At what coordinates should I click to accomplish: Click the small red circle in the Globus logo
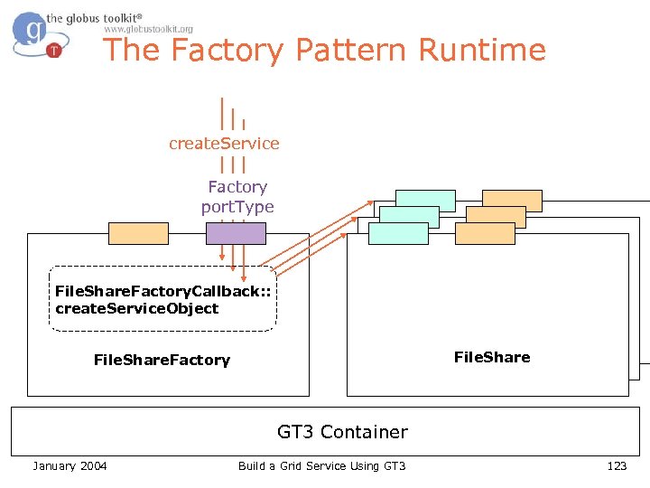tap(55, 50)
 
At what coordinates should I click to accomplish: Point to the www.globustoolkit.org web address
tap(148, 29)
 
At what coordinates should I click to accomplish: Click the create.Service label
tap(224, 143)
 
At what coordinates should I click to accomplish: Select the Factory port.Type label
tap(237, 197)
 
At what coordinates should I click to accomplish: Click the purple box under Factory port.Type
tap(236, 233)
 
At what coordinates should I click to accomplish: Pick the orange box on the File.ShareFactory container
tap(138, 233)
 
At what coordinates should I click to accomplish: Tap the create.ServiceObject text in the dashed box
tap(137, 308)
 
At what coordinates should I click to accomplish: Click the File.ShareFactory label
tap(162, 360)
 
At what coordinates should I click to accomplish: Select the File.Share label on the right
tap(492, 357)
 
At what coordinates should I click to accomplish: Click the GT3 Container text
tap(342, 432)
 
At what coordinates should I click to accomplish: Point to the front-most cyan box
tap(399, 233)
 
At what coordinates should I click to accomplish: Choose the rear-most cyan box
tap(425, 200)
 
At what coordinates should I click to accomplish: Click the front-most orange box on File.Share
tap(485, 233)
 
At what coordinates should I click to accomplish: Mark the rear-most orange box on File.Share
tap(512, 200)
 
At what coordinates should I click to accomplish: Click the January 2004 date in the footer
tap(70, 465)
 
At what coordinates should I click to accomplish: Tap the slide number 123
tap(617, 465)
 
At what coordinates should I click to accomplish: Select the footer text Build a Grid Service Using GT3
tap(321, 465)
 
